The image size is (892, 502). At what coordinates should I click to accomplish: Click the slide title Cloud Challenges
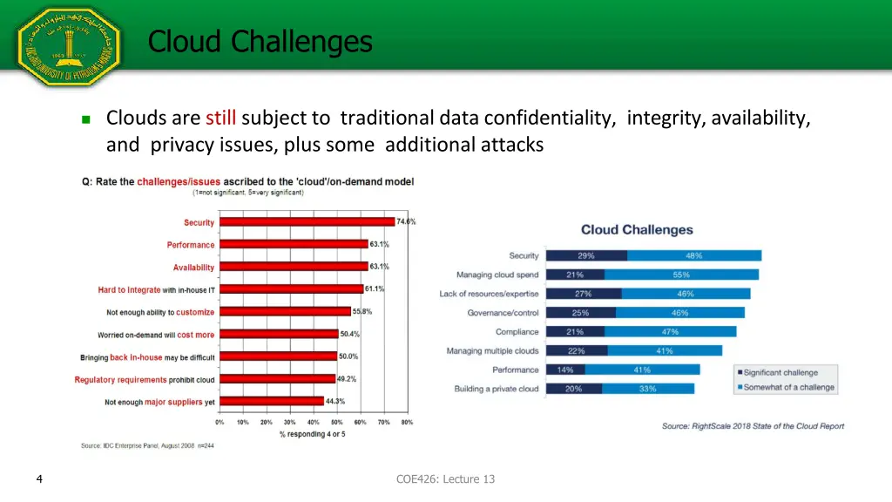point(260,41)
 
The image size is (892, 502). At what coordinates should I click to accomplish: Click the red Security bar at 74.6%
point(307,222)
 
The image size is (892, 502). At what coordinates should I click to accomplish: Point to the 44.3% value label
point(335,401)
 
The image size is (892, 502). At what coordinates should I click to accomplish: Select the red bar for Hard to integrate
point(291,289)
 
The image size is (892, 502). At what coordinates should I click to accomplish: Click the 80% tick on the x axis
point(407,422)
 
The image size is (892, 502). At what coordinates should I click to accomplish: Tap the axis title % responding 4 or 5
point(312,434)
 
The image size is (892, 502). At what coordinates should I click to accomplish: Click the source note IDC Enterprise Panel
point(147,445)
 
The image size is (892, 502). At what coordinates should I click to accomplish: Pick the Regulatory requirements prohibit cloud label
point(145,380)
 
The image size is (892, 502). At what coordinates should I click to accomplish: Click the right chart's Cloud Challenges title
point(637,230)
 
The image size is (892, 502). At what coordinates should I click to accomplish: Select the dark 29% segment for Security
point(586,255)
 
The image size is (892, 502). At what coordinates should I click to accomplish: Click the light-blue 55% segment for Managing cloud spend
point(681,275)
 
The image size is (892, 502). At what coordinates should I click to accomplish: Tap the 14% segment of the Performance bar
point(565,370)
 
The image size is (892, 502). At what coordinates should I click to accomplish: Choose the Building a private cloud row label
point(497,389)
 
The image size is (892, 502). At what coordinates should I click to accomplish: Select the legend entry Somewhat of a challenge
point(787,387)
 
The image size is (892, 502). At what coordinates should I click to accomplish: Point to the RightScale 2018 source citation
point(753,426)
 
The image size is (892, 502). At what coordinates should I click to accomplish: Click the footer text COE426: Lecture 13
point(445,478)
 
